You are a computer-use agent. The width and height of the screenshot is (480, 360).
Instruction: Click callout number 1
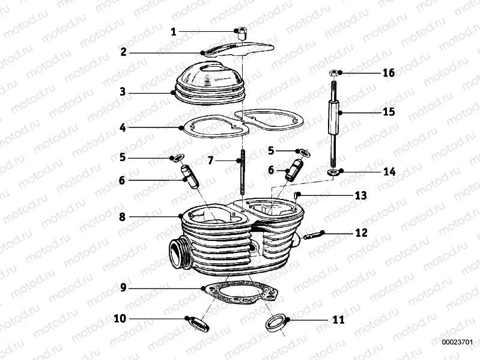pyautogui.click(x=173, y=32)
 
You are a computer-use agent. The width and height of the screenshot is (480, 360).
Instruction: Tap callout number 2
pyautogui.click(x=123, y=52)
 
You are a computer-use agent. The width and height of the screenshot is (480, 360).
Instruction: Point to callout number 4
pyautogui.click(x=123, y=127)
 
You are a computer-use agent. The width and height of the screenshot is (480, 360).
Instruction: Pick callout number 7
pyautogui.click(x=210, y=161)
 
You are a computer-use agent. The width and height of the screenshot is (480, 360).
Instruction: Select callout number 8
pyautogui.click(x=123, y=216)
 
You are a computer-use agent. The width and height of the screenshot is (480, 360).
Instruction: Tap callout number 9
pyautogui.click(x=123, y=288)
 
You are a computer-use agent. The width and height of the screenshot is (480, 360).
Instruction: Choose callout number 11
pyautogui.click(x=338, y=319)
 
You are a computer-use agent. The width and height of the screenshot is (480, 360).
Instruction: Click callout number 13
pyautogui.click(x=360, y=196)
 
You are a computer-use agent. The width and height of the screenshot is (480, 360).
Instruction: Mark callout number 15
pyautogui.click(x=389, y=112)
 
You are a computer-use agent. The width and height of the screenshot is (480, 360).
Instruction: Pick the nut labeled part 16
pyautogui.click(x=333, y=73)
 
